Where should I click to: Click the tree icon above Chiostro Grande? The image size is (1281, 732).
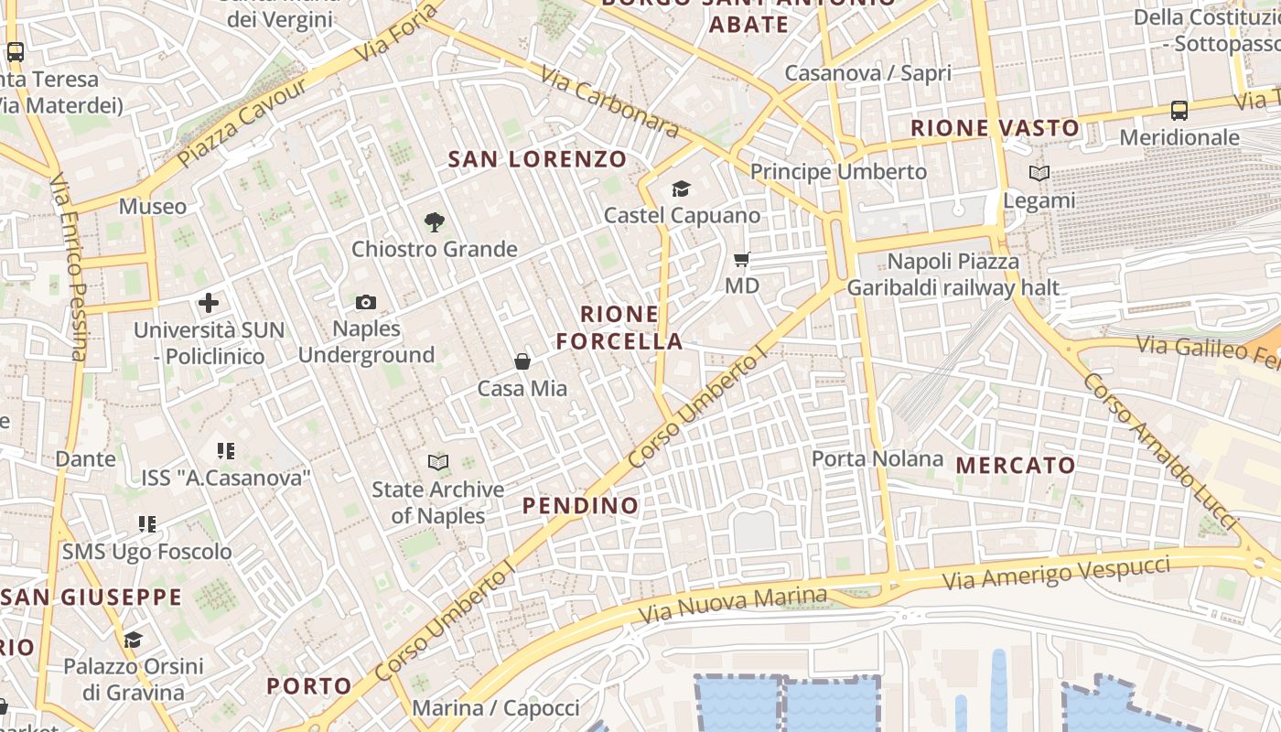(434, 221)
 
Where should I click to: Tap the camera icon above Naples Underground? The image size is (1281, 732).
(365, 302)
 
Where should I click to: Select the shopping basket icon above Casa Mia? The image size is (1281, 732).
(522, 361)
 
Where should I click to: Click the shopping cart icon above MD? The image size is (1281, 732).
(742, 260)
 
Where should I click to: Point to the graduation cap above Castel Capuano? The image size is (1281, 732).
(681, 188)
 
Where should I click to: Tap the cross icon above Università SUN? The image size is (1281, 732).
(209, 302)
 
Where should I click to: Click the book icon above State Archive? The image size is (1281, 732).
(439, 463)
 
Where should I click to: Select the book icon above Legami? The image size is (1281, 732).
(1039, 173)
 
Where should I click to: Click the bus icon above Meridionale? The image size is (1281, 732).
(1179, 111)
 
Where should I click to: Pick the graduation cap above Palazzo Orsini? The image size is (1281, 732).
(134, 639)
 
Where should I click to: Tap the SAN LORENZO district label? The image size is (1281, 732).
(537, 159)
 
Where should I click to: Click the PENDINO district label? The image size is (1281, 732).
(580, 505)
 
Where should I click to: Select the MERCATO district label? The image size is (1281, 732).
(1016, 465)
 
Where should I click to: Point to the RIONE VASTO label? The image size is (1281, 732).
(995, 128)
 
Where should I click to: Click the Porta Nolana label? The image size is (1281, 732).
(877, 458)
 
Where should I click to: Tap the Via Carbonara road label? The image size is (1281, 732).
(609, 102)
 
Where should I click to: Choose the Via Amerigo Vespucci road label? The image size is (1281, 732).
(1057, 573)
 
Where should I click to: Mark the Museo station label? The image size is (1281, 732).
(153, 207)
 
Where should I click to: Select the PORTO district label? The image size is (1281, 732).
(309, 685)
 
